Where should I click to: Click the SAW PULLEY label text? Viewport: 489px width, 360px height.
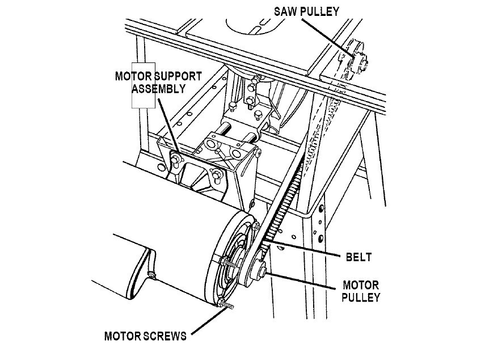(306, 11)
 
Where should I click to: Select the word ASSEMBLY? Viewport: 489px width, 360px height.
(158, 89)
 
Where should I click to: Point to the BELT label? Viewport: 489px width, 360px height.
(359, 257)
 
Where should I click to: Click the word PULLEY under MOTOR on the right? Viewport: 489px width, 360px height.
(361, 297)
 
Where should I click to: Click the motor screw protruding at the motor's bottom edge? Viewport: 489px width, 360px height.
(225, 304)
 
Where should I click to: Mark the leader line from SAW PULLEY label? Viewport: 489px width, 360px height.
(328, 37)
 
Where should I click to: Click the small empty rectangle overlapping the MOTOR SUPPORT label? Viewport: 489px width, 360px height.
(144, 85)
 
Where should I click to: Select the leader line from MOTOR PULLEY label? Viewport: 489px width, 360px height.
(302, 281)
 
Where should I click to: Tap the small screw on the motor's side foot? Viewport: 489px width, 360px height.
(152, 275)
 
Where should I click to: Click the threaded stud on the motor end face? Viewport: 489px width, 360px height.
(229, 263)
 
